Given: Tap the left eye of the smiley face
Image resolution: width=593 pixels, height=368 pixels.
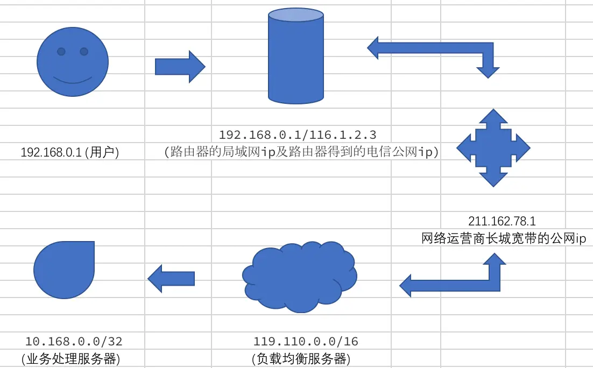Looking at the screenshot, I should [x=61, y=52].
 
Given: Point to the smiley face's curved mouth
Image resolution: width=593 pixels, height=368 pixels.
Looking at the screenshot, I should [x=73, y=81].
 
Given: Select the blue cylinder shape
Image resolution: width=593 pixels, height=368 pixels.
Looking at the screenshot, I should [x=296, y=59].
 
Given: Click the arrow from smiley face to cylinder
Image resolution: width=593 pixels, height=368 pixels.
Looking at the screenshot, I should [x=180, y=67].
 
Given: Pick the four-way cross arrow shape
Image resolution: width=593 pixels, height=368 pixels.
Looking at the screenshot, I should [x=493, y=147].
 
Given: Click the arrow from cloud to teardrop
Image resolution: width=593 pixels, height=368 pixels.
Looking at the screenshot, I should [x=171, y=278].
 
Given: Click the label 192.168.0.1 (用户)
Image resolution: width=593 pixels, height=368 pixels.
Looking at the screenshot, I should [x=69, y=153].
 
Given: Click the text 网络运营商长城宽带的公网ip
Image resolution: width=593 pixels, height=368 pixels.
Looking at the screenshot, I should [x=504, y=238].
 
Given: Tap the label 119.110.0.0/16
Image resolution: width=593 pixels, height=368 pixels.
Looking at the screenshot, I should [x=306, y=341].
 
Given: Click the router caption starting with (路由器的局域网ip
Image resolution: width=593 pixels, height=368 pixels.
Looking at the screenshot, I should [x=301, y=152].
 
